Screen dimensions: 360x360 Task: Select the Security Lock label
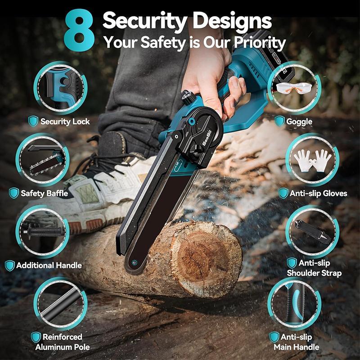[x=65, y=121]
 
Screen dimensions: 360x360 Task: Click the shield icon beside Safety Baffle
[x=14, y=193]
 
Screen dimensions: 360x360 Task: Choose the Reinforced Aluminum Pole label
[x=63, y=342]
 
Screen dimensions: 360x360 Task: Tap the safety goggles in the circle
[x=293, y=89]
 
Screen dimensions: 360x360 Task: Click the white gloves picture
[x=312, y=160]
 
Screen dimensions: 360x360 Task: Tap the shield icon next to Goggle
[x=279, y=121]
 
